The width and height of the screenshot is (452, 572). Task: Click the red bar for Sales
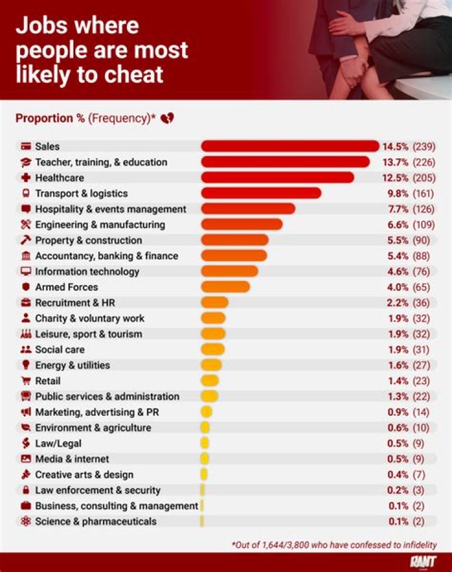pyautogui.click(x=290, y=146)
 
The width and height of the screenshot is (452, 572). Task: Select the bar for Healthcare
pyautogui.click(x=277, y=178)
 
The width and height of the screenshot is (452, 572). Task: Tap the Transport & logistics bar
pyautogui.click(x=261, y=193)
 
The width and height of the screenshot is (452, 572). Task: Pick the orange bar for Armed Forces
pyautogui.click(x=225, y=287)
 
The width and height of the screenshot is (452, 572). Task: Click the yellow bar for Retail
pyautogui.click(x=210, y=380)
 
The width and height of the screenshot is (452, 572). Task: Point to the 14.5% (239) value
pyautogui.click(x=409, y=146)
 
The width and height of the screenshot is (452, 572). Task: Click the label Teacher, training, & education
pyautogui.click(x=101, y=162)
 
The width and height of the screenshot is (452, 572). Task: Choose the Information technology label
pyautogui.click(x=87, y=271)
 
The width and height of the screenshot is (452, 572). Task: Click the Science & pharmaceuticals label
pyautogui.click(x=95, y=521)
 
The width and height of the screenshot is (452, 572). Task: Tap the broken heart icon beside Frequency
pyautogui.click(x=167, y=118)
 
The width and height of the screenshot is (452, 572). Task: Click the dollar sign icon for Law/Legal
pyautogui.click(x=26, y=443)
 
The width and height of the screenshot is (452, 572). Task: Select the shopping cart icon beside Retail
pyautogui.click(x=26, y=380)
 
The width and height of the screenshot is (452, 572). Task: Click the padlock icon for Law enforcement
pyautogui.click(x=26, y=490)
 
